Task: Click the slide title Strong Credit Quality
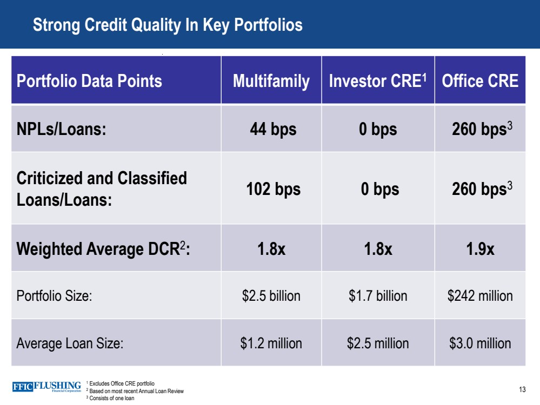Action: coord(168,25)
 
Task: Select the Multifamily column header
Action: coord(271,81)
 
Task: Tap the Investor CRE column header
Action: coord(377,81)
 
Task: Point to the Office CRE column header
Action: coord(479,81)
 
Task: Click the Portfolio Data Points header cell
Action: coord(89,81)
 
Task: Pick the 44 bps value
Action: coord(272,130)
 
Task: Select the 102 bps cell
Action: coord(273,189)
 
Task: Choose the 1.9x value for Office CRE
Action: coord(479,249)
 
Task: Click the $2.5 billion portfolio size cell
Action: coord(271,296)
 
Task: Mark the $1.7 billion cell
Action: coord(378,296)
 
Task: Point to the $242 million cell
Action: coord(479,296)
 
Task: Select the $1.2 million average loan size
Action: coord(271,343)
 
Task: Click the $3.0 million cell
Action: coord(479,343)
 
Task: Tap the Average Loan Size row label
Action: coord(70,343)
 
